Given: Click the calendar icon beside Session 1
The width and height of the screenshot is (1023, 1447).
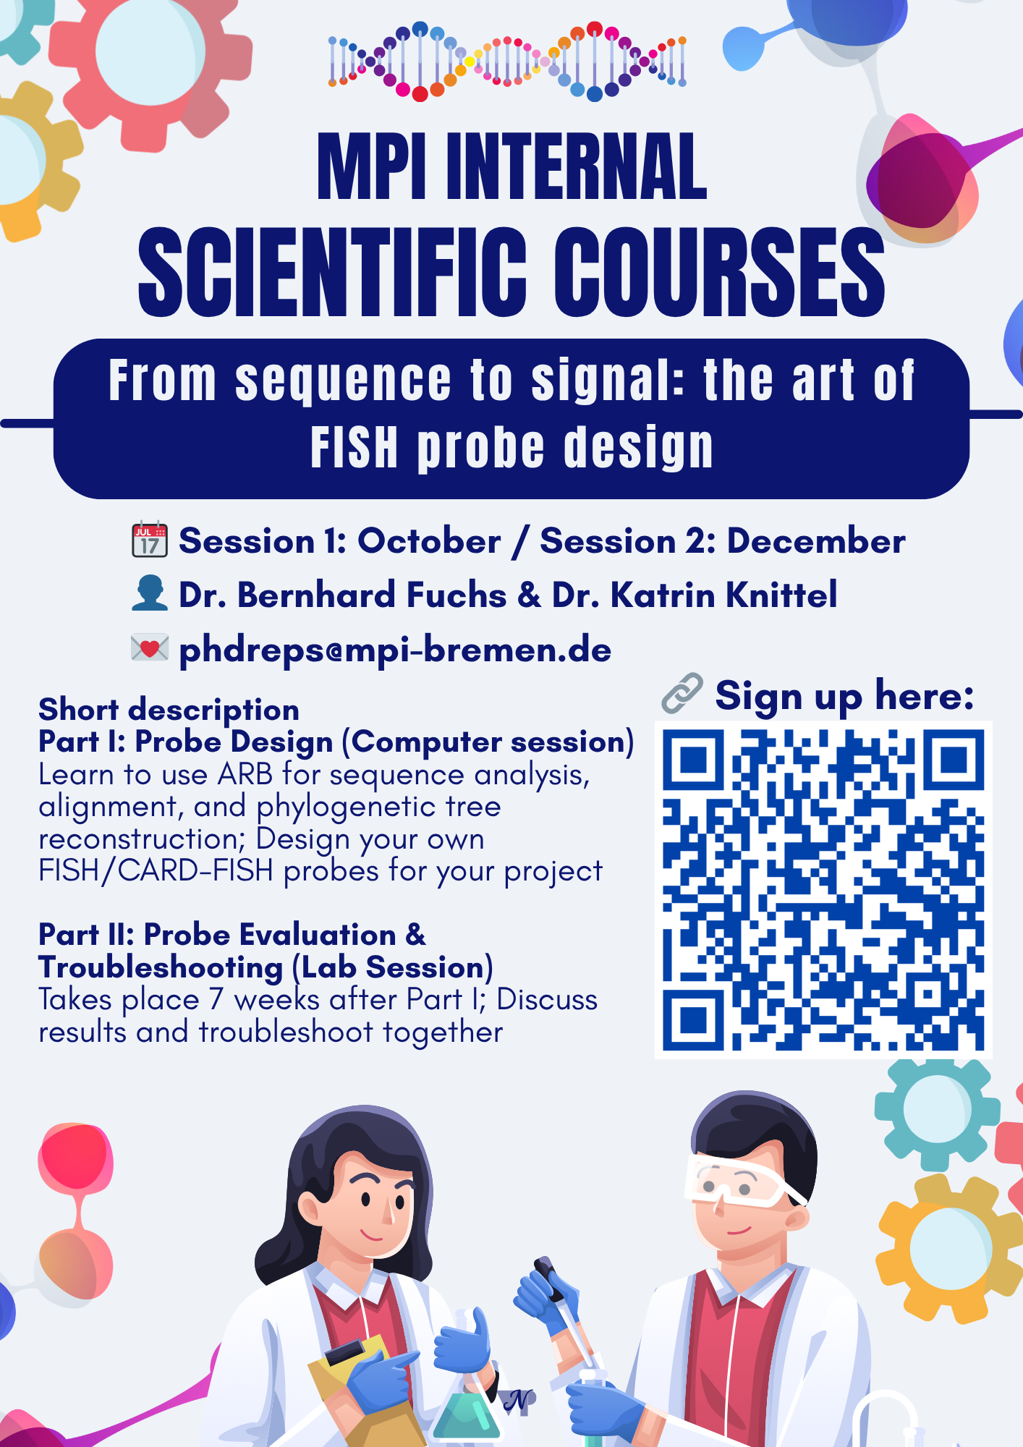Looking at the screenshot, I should click(150, 540).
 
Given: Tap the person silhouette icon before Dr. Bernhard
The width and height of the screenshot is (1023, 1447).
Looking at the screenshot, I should click(150, 593).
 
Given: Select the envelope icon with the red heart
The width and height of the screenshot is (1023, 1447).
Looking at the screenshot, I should click(150, 648).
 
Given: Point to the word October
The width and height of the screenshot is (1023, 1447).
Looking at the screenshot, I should click(429, 541).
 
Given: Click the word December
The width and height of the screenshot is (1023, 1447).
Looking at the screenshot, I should click(815, 541).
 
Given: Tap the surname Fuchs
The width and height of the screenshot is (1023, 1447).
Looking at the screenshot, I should click(456, 595).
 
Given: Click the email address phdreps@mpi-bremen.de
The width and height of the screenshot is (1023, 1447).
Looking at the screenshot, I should click(395, 649).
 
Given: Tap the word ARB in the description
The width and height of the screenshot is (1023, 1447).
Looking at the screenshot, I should click(245, 775).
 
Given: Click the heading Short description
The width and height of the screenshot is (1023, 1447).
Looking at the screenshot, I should click(169, 710).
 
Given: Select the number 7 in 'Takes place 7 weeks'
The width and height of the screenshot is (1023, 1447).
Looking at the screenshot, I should click(216, 1000).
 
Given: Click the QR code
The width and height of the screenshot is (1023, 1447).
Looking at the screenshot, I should click(823, 889).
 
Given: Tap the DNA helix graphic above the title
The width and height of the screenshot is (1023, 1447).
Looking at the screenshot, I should click(507, 61).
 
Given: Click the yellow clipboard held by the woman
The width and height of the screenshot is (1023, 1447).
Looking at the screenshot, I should click(347, 1360).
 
